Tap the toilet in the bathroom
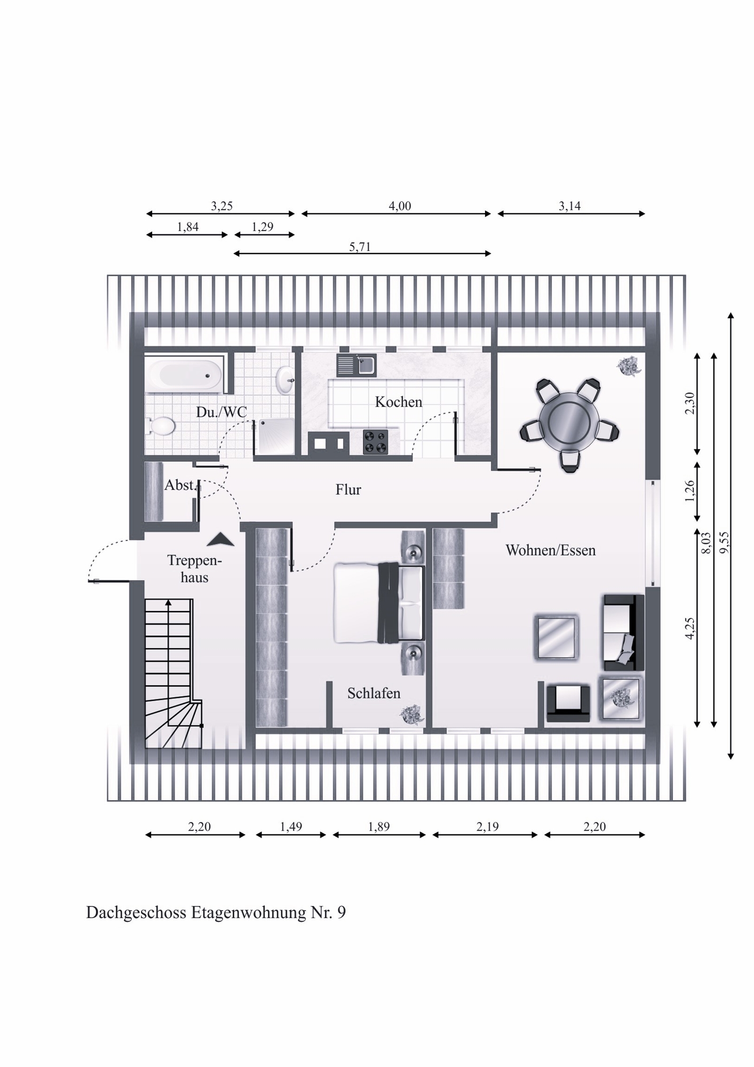point(162,426)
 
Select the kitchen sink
point(356,365)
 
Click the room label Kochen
point(398,402)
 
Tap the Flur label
point(348,489)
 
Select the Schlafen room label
point(374,693)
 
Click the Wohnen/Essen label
point(550,550)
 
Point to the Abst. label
point(181,485)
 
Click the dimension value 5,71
point(360,246)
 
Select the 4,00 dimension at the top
point(400,206)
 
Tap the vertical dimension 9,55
point(724,544)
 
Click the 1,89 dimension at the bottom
point(379,826)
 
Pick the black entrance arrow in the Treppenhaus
point(220,539)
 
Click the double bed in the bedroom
point(379,603)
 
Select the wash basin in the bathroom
point(284,379)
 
